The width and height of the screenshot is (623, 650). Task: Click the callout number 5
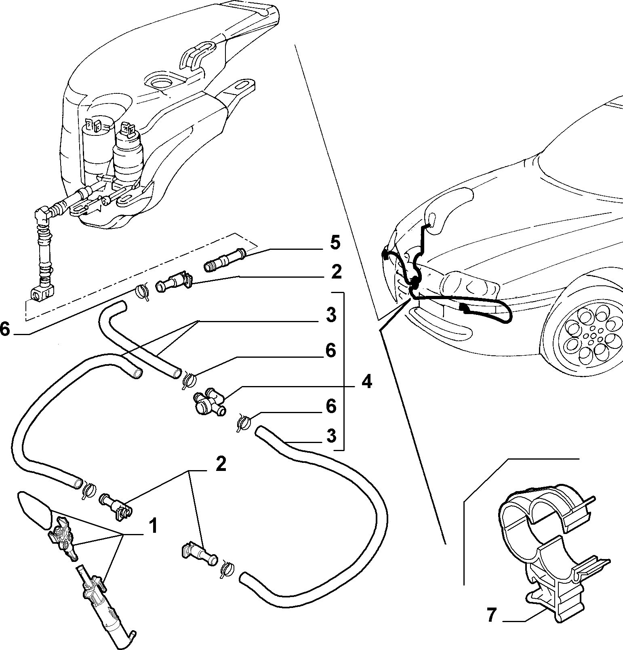(335, 244)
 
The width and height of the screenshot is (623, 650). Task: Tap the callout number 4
(366, 382)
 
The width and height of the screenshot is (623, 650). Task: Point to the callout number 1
(152, 527)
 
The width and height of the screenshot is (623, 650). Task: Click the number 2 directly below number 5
(336, 272)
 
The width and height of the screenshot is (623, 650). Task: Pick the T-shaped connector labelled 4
(209, 402)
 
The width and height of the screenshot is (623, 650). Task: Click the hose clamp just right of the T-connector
(243, 423)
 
